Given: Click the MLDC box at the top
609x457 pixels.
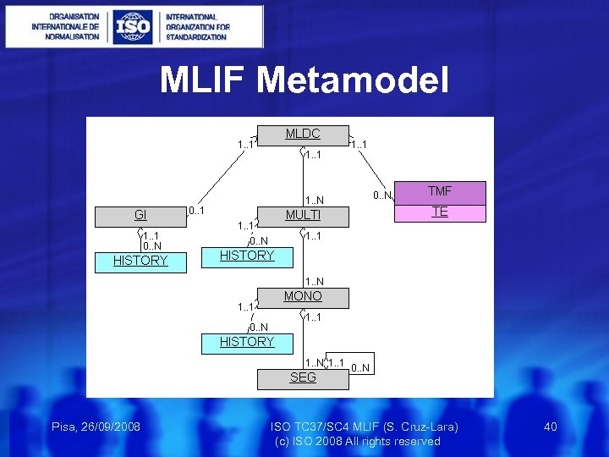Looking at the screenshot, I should (x=302, y=135).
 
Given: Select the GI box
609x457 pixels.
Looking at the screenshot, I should (x=140, y=216).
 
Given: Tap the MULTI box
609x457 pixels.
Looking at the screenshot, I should (x=302, y=216).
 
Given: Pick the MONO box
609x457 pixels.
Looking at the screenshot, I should (x=302, y=297).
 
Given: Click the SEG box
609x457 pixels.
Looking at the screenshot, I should (x=302, y=378).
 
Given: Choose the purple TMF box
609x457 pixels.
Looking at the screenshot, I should (x=440, y=193).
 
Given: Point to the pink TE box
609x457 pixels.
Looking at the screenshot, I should (x=440, y=212).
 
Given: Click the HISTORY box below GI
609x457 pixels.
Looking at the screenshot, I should (x=140, y=261).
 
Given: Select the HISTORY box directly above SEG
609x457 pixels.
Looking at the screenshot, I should (x=247, y=342).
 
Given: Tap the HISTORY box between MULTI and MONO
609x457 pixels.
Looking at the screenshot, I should (x=247, y=256).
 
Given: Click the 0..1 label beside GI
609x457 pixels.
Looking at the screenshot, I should (x=196, y=210).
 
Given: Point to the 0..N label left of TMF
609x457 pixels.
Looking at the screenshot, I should (x=382, y=196).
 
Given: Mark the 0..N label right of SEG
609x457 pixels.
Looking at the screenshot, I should (x=360, y=367).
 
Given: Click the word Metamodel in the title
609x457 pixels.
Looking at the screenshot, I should (x=353, y=80).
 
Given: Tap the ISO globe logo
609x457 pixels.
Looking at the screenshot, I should (x=133, y=27).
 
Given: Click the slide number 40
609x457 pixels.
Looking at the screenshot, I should (x=550, y=427).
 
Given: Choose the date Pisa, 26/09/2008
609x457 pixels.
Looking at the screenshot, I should (x=96, y=426).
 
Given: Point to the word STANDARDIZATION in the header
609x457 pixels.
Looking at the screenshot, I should (x=196, y=37).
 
